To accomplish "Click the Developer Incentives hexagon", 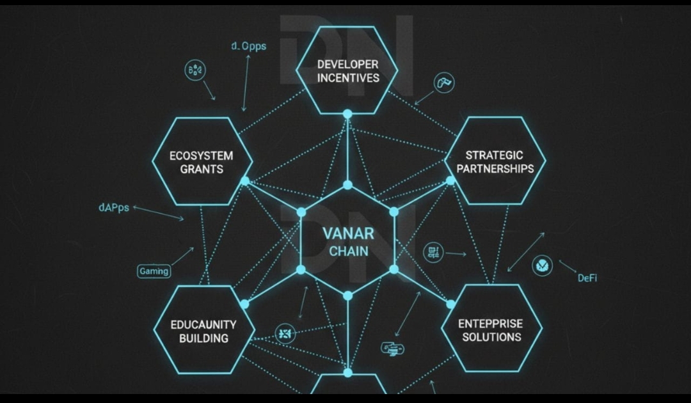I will [x=347, y=70].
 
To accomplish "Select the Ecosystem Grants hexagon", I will [x=202, y=162].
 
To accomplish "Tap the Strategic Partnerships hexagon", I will [x=494, y=161].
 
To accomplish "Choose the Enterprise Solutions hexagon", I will [x=491, y=329].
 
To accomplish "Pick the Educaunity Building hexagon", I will [x=203, y=331].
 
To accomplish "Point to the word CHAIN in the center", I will [x=348, y=251].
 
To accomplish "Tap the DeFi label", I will [x=587, y=278].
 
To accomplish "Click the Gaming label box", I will [x=154, y=271].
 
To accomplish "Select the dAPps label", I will [x=114, y=208].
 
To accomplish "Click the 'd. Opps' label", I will [x=249, y=46].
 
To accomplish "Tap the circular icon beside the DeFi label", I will [x=542, y=265].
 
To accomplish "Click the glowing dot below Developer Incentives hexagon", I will [x=347, y=114].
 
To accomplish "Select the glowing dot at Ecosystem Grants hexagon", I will [x=244, y=181].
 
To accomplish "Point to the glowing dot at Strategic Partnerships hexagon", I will [x=450, y=180].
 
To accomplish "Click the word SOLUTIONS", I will [x=491, y=337].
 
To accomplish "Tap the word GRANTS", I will [x=202, y=170].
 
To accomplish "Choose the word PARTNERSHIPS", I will [x=494, y=169].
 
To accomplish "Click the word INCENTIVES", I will [x=348, y=78].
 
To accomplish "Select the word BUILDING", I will [x=203, y=338].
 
